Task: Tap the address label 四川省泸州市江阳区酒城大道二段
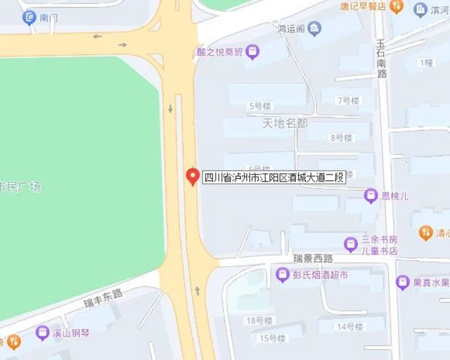(274, 177)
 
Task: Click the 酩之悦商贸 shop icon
(252, 51)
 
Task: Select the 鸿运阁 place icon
(314, 29)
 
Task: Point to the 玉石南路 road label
(381, 58)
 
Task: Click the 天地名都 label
(285, 123)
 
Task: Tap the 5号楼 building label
(259, 106)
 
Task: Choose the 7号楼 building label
(348, 101)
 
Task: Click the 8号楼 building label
(341, 138)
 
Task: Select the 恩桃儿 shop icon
(371, 195)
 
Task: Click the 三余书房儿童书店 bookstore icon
(351, 244)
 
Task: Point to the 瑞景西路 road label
(314, 259)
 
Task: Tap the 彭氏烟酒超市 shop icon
(283, 275)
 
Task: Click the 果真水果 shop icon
(403, 283)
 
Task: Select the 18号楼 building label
(259, 321)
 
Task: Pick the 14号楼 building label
(349, 326)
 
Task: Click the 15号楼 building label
(272, 338)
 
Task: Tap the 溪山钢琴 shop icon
(43, 333)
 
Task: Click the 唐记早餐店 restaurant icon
(397, 6)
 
